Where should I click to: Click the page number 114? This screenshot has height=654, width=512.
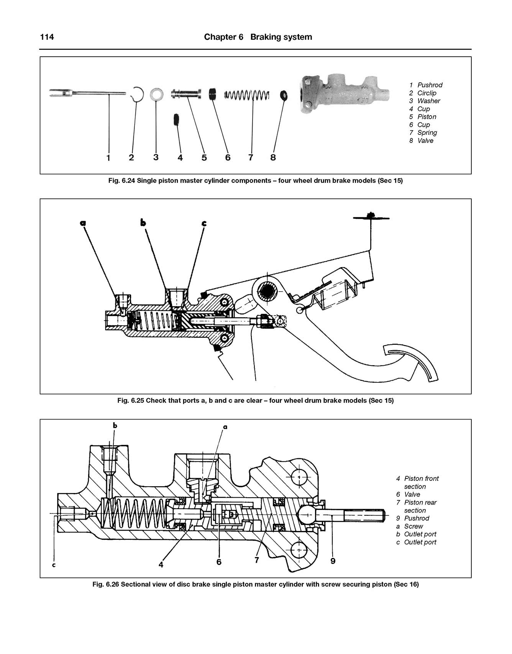point(47,37)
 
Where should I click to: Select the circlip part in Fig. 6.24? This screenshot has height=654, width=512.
point(136,94)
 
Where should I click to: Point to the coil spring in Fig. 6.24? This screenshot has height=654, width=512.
point(247,94)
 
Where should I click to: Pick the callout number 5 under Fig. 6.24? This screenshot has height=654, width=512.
point(204,157)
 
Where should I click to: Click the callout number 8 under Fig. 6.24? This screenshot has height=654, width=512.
point(273,157)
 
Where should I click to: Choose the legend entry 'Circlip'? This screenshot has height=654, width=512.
point(427,93)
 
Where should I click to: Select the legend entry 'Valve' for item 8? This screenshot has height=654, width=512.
point(425,141)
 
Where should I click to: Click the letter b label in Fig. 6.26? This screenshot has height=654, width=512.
point(115,425)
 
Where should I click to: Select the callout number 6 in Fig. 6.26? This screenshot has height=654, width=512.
point(219,562)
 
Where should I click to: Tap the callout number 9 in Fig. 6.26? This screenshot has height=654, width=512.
point(333,561)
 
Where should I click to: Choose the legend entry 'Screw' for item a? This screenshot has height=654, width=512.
point(414,526)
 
